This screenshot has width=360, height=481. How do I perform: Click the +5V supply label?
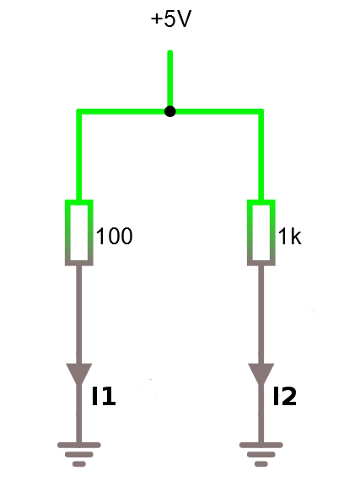click(x=171, y=19)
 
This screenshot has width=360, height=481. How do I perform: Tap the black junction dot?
click(x=170, y=111)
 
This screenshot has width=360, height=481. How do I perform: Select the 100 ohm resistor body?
click(x=79, y=232)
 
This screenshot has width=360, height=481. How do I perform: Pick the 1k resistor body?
click(x=261, y=232)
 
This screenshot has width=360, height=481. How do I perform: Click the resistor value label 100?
click(x=114, y=236)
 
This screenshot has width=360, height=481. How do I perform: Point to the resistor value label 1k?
click(x=289, y=237)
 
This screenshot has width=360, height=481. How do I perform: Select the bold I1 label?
click(x=104, y=396)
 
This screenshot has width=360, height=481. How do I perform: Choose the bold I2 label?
click(x=285, y=396)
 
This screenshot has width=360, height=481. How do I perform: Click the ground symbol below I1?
click(x=79, y=454)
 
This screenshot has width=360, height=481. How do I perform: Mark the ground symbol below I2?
click(x=261, y=454)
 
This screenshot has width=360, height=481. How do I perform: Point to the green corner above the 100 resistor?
click(x=79, y=111)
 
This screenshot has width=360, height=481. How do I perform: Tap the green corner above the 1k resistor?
click(x=261, y=111)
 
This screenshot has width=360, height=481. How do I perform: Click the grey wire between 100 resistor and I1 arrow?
click(x=79, y=314)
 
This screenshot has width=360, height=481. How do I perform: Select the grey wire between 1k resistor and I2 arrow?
click(x=261, y=314)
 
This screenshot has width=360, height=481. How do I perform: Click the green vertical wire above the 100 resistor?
click(x=79, y=157)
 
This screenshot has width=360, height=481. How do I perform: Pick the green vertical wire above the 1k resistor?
click(x=261, y=157)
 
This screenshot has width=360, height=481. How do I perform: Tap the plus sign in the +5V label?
click(x=157, y=19)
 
